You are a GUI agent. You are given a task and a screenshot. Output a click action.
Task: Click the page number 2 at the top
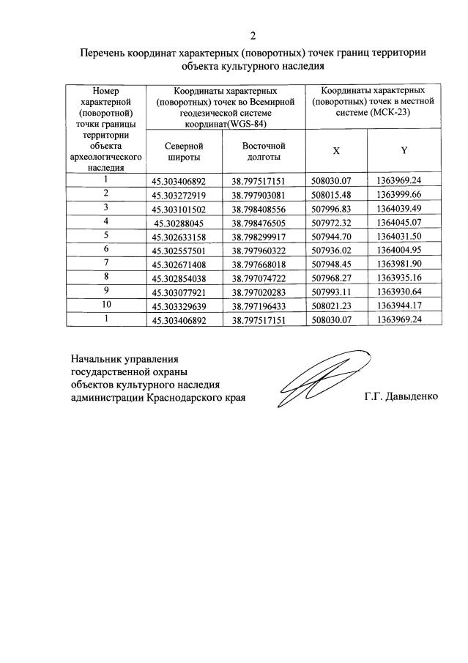[253, 35]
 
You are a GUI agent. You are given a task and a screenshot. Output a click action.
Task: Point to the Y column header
[404, 150]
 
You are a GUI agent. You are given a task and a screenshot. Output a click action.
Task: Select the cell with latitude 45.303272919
[185, 194]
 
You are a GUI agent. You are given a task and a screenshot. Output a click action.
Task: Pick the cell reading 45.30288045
[183, 221]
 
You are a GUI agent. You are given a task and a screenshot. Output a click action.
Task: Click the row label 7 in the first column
[106, 262]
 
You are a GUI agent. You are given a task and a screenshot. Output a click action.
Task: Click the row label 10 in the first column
[106, 304]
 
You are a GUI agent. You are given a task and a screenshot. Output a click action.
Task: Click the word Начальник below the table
[95, 359]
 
